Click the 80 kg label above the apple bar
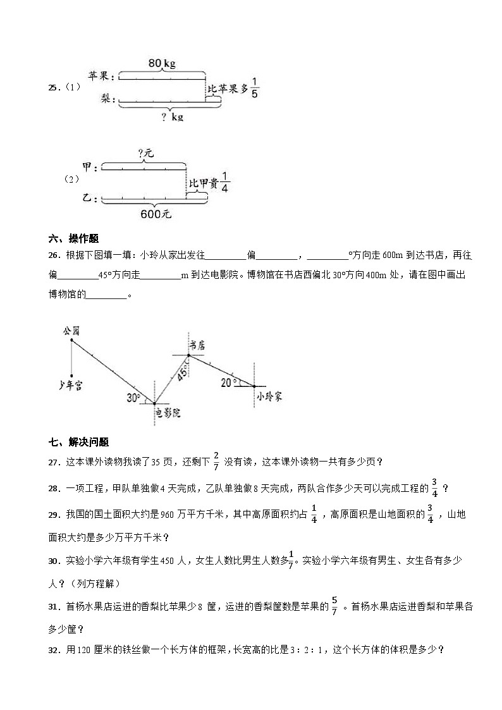[x=161, y=63]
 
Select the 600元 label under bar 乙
[x=156, y=214]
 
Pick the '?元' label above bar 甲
[x=145, y=154]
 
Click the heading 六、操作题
[x=73, y=238]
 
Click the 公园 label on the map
[x=71, y=331]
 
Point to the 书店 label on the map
[x=198, y=344]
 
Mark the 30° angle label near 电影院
[x=133, y=398]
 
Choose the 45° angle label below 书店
[x=181, y=374]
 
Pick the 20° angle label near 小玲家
[x=228, y=382]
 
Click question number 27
[x=54, y=462]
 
